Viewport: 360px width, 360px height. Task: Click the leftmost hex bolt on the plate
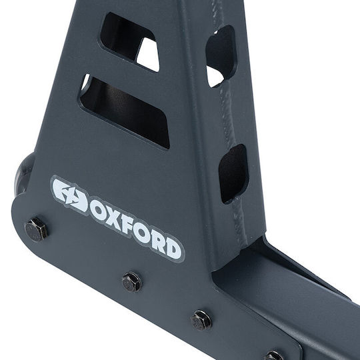click(x=36, y=229)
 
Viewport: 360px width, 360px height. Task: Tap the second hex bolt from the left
click(x=132, y=282)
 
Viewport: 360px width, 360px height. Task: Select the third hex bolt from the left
click(x=201, y=320)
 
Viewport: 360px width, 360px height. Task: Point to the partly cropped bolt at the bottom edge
click(x=274, y=355)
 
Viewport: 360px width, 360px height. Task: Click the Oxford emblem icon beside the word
click(x=70, y=195)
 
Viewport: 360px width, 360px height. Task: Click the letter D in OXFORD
click(x=173, y=251)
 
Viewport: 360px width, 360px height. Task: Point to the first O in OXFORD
click(x=97, y=213)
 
